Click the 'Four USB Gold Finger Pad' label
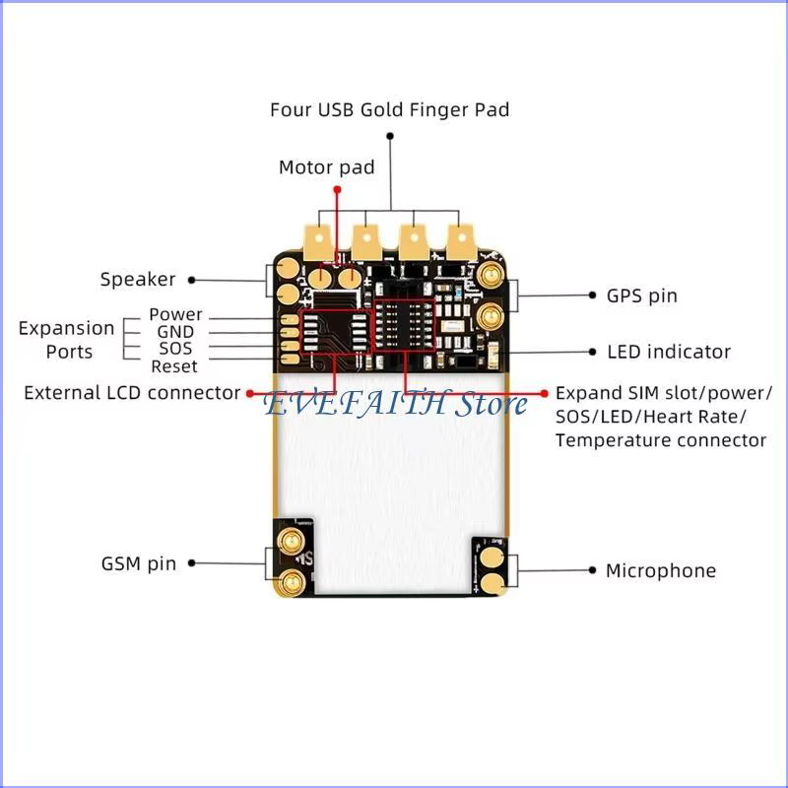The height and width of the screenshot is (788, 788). [389, 109]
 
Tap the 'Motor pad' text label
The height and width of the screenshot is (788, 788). [327, 167]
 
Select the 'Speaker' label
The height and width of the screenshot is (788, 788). [138, 279]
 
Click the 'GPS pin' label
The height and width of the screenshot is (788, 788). [642, 295]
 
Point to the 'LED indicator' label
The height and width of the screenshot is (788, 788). [669, 352]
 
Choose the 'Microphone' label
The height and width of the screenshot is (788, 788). [661, 570]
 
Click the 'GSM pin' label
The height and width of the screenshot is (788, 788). [139, 563]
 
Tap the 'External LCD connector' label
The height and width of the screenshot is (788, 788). [132, 393]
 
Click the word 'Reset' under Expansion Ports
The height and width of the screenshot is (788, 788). [174, 366]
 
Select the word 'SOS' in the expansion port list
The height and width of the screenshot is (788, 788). [175, 349]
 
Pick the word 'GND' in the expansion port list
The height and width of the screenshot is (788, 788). [175, 332]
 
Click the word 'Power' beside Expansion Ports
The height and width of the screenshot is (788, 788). [175, 314]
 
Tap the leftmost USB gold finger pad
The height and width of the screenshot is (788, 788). [318, 241]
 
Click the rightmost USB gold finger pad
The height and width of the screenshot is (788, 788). [460, 241]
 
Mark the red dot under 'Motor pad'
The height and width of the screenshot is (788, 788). [337, 189]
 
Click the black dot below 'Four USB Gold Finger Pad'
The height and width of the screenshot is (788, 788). [389, 136]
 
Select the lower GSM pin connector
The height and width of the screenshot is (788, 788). [290, 583]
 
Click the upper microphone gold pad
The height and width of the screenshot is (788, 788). [492, 558]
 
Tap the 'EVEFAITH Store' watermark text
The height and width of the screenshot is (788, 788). [396, 404]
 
